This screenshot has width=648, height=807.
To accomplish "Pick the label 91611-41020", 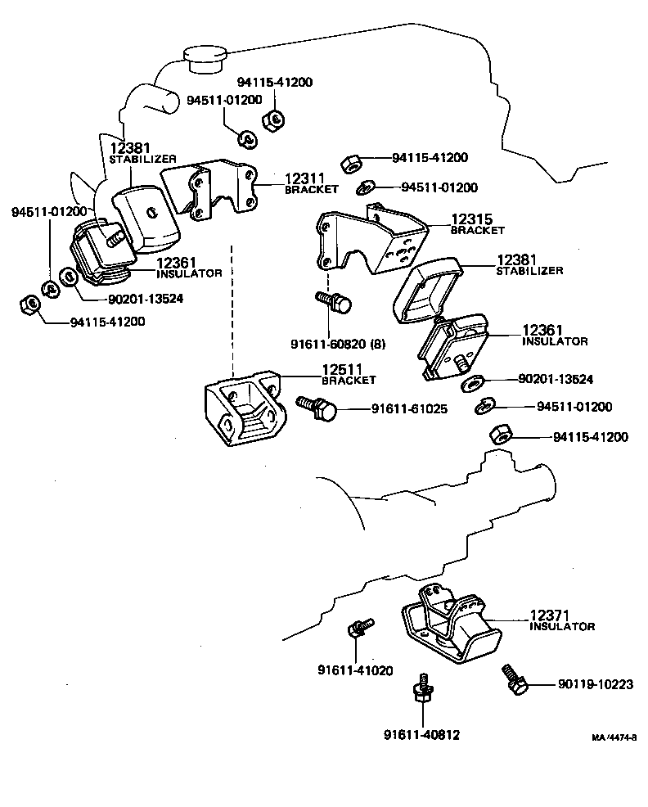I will (x=355, y=670).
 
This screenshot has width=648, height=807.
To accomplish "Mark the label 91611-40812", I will (x=421, y=734).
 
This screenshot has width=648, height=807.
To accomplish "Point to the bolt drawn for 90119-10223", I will (x=512, y=679).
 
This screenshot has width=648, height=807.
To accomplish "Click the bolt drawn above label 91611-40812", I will (x=422, y=691).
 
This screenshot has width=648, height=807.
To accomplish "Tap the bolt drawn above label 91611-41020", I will (x=358, y=629).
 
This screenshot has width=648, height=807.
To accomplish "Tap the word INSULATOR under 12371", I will (x=561, y=627).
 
